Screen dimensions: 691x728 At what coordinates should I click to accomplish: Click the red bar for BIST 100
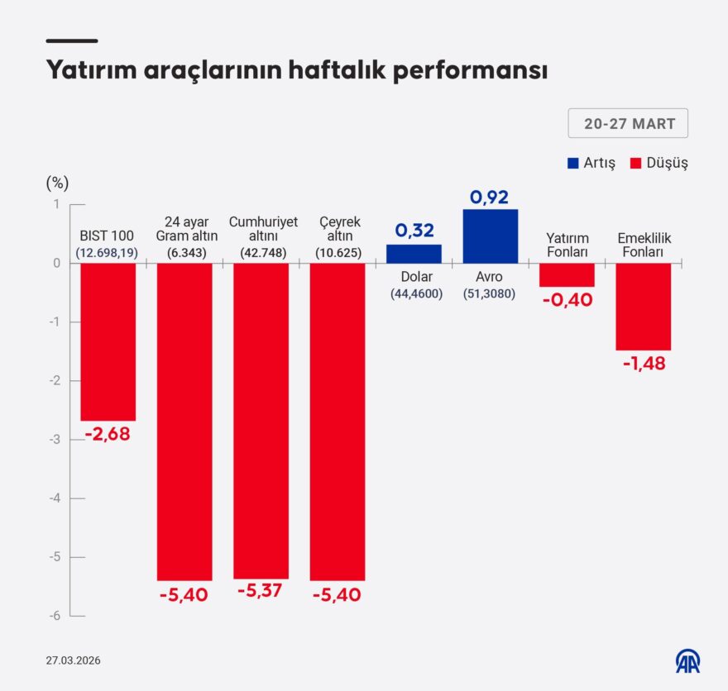pos(108,341)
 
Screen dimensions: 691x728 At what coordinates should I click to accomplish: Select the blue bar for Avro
pos(490,236)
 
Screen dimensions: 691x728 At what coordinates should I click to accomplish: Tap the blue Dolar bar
pos(414,254)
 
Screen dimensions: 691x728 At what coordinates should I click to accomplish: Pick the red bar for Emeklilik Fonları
pos(643,307)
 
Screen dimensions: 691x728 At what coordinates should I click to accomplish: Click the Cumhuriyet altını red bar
pos(261,421)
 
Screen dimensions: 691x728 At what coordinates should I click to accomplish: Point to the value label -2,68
pos(108,434)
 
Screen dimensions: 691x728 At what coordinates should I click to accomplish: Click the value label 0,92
pos(490,197)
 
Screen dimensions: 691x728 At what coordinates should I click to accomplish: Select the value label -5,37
pos(261,592)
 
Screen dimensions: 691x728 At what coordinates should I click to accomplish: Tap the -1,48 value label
pos(643,363)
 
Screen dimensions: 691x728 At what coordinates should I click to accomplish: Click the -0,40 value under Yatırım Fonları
pos(567,299)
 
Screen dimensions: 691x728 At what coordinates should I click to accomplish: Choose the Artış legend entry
pos(591,163)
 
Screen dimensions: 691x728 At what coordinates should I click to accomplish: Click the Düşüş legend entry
pos(659,163)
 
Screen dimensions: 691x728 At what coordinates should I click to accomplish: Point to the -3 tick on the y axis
pos(57,440)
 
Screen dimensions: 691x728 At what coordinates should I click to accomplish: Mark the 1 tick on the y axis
pos(57,204)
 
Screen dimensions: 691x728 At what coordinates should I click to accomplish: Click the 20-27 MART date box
pos(628,124)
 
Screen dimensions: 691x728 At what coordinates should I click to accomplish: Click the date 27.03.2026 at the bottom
pos(74,660)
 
